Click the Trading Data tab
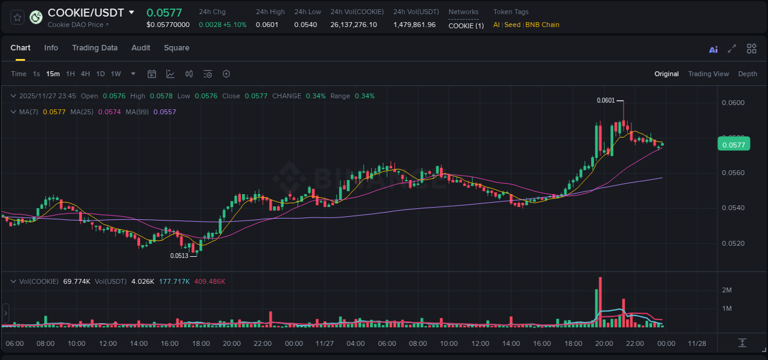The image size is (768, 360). click(95, 48)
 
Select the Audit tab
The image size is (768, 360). click(141, 48)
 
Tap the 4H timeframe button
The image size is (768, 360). click(85, 74)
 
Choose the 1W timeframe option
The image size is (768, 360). click(116, 74)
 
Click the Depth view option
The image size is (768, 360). click(747, 74)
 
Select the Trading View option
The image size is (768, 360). click(708, 74)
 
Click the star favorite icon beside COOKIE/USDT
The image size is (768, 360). click(17, 17)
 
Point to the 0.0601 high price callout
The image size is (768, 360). click(606, 100)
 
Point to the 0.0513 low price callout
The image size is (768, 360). click(179, 256)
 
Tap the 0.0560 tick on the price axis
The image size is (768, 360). click(732, 173)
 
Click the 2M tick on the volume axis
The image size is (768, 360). click(726, 290)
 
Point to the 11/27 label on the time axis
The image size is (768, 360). click(324, 343)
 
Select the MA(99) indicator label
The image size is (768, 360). click(139, 112)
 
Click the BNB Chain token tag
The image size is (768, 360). click(542, 25)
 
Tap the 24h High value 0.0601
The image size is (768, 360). click(267, 25)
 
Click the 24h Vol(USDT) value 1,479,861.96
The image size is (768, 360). click(414, 25)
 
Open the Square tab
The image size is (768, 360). click(176, 48)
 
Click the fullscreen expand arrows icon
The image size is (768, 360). click(732, 49)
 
